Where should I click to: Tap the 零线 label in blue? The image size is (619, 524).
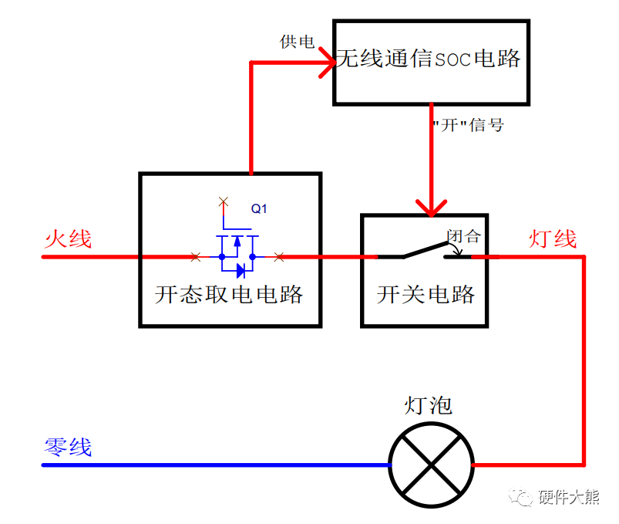[x=68, y=447]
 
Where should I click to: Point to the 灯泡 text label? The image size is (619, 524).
[x=429, y=405]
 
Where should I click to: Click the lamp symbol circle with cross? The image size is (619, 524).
[x=431, y=465]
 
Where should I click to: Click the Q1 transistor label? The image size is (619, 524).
[x=259, y=208]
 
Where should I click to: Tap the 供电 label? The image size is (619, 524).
[x=297, y=42]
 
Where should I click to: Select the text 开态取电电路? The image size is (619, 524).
[x=229, y=294]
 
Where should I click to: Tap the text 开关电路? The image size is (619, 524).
[x=426, y=294]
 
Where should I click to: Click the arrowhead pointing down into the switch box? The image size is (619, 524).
[x=430, y=206]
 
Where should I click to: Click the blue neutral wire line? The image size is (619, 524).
[x=216, y=465]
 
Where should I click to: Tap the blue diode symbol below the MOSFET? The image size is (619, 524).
[x=241, y=270]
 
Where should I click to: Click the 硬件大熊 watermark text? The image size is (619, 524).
[x=569, y=499]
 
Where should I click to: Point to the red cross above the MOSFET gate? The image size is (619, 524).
[x=224, y=202]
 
